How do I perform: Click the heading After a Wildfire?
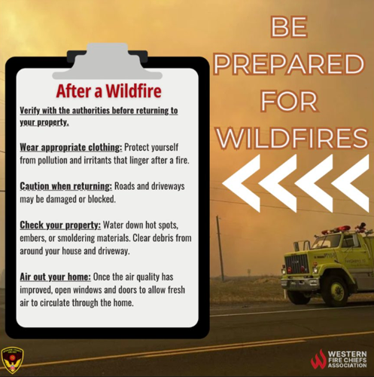click(x=108, y=92)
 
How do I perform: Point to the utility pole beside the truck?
click(x=220, y=249)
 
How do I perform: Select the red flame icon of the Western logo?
click(x=319, y=358)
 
